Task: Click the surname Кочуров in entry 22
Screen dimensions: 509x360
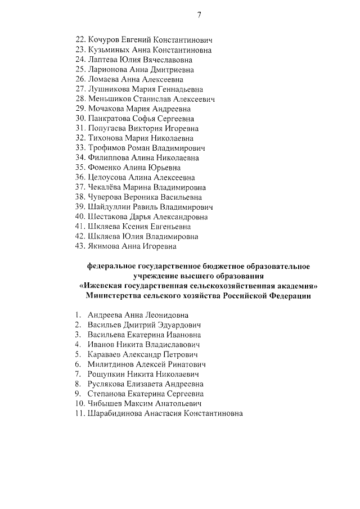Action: tap(104, 40)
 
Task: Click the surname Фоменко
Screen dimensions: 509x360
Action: tap(104, 168)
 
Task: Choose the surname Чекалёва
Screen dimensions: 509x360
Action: tap(106, 187)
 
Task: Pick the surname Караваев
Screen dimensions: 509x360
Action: tap(105, 354)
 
